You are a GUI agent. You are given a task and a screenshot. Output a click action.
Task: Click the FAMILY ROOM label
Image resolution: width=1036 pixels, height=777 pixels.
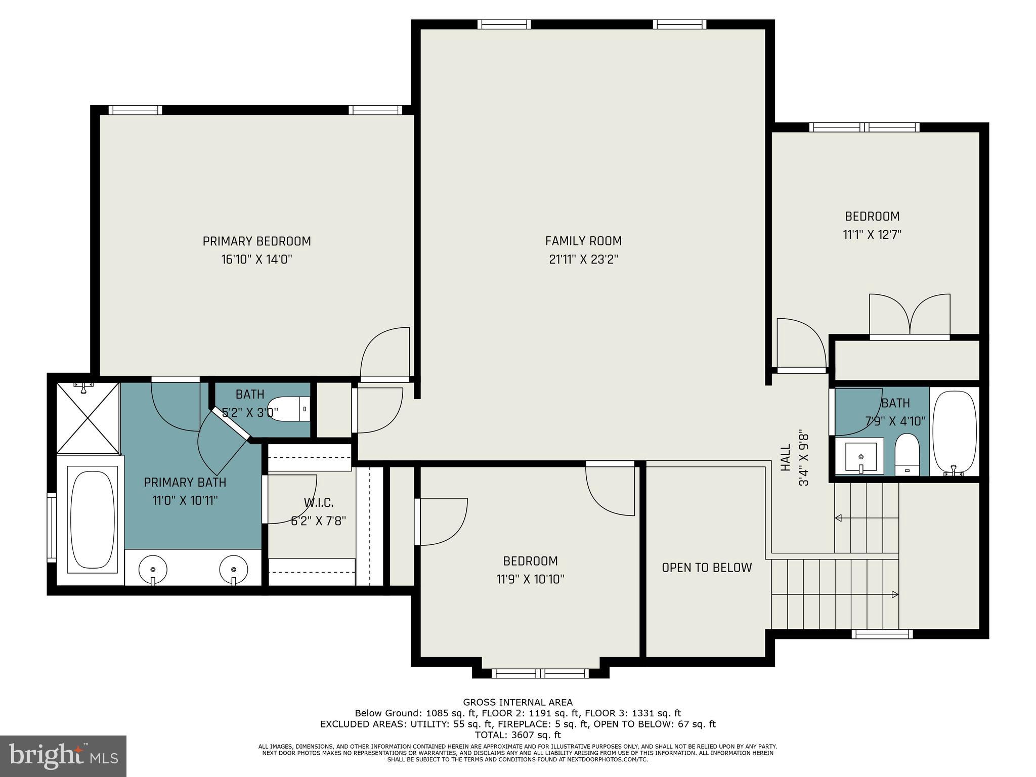[x=583, y=241]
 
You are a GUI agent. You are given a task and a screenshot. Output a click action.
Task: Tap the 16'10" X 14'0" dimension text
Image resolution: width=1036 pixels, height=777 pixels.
[x=256, y=260]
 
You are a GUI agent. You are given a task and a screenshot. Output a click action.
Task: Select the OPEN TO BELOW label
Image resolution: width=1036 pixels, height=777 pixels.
[x=707, y=568]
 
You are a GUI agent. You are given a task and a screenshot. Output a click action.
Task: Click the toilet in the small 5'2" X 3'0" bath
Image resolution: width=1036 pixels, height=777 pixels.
[x=286, y=409]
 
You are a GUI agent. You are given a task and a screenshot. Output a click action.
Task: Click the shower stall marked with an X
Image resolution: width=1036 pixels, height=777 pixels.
[x=88, y=418]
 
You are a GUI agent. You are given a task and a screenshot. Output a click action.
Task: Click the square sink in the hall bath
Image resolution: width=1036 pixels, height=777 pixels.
[x=860, y=457]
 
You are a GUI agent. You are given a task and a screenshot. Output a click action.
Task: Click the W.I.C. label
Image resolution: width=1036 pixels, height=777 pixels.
[x=318, y=503]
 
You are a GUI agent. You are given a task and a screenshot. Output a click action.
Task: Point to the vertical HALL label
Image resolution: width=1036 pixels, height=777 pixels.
[x=786, y=458]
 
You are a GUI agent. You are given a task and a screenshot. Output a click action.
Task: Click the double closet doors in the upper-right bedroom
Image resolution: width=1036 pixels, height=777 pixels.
[x=910, y=316]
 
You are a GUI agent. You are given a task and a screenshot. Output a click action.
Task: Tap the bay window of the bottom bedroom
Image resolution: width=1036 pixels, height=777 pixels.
[x=540, y=673]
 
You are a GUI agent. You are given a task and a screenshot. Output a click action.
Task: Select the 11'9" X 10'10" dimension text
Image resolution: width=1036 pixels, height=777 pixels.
[x=530, y=579]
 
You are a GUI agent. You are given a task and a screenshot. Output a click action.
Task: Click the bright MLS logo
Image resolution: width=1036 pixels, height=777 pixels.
[x=63, y=756]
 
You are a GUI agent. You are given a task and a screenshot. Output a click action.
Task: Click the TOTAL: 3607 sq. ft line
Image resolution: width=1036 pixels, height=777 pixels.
[x=517, y=735]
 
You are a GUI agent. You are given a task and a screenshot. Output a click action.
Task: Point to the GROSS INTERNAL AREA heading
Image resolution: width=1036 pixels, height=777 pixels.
[x=517, y=702]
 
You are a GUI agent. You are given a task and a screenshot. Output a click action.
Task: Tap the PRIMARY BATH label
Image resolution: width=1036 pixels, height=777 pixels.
[x=185, y=483]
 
